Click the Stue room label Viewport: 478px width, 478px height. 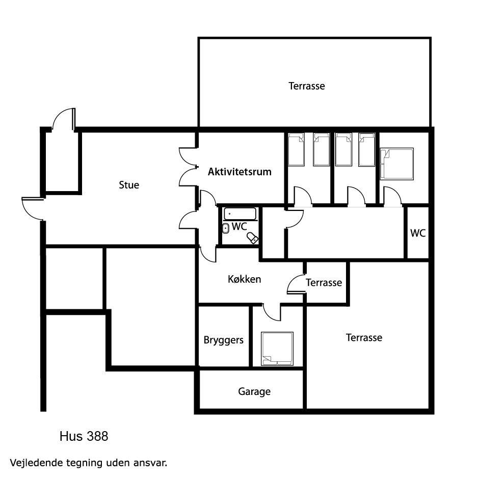click(129, 185)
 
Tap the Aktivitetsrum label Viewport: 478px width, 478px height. click(240, 172)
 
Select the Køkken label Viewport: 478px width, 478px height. click(245, 279)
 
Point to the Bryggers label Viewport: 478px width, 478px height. click(223, 340)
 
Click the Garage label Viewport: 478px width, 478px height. click(254, 391)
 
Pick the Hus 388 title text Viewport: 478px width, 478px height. click(84, 436)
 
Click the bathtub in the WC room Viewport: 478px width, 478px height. click(240, 214)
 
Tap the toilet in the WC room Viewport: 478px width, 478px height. click(252, 238)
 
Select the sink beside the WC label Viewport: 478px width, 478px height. click(226, 228)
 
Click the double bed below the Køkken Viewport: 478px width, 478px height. click(277, 349)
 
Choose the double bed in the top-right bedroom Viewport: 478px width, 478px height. click(396, 164)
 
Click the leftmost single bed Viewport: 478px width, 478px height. click(296, 149)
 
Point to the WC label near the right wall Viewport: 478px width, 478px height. click(418, 233)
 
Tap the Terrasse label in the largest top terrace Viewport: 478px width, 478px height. click(307, 86)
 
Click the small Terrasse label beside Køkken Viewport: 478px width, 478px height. click(324, 283)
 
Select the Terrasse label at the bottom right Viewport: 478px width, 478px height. click(364, 337)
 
